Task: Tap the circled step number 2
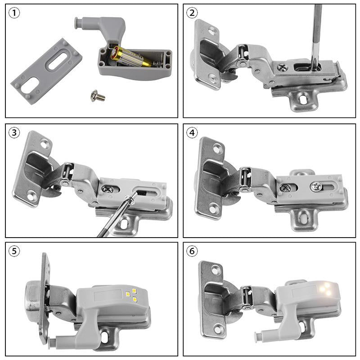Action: (193, 13)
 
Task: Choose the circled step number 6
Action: (193, 251)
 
